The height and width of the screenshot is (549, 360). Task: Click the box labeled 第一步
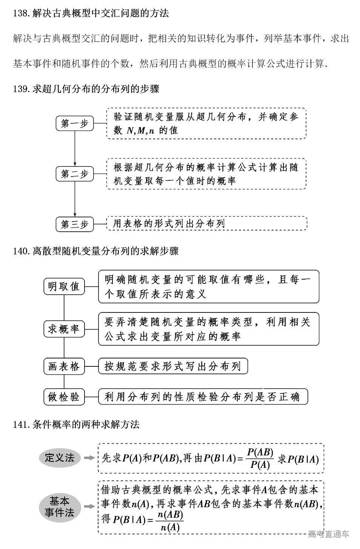(x=75, y=123)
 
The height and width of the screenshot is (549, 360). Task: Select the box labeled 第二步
(x=75, y=174)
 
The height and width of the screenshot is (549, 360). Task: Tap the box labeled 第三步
(x=75, y=224)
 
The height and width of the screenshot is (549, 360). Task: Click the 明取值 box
(x=64, y=286)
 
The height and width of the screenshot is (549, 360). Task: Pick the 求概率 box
(x=64, y=329)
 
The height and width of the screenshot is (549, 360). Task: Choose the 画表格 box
(x=64, y=366)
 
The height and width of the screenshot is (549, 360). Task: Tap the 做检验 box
(x=64, y=397)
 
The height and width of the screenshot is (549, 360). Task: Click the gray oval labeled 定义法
(x=60, y=458)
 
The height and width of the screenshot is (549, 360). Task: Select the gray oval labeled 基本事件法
(x=60, y=507)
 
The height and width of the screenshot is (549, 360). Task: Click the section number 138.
(x=21, y=14)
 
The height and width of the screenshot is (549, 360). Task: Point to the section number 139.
(x=21, y=89)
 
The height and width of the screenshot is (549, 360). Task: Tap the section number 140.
(x=21, y=251)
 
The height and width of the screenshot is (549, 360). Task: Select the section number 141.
(x=21, y=424)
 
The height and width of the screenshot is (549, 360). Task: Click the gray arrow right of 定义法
(x=89, y=458)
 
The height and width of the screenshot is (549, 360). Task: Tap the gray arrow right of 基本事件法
(x=89, y=507)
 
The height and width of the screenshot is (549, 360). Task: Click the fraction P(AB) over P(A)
(x=260, y=458)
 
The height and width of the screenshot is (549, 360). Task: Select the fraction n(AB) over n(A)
(x=170, y=521)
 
